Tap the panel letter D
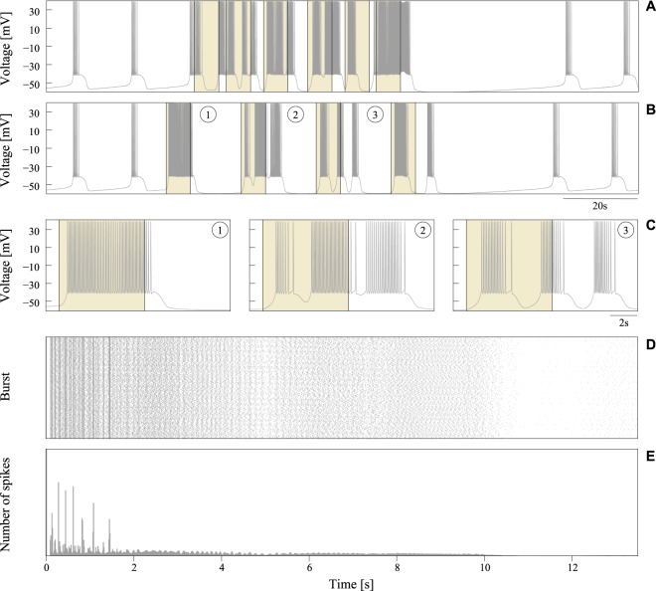[649, 344]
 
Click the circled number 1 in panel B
[207, 114]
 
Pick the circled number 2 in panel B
[295, 114]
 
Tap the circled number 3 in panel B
[374, 114]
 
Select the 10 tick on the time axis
[484, 567]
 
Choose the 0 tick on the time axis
[47, 567]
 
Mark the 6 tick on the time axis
[309, 567]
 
